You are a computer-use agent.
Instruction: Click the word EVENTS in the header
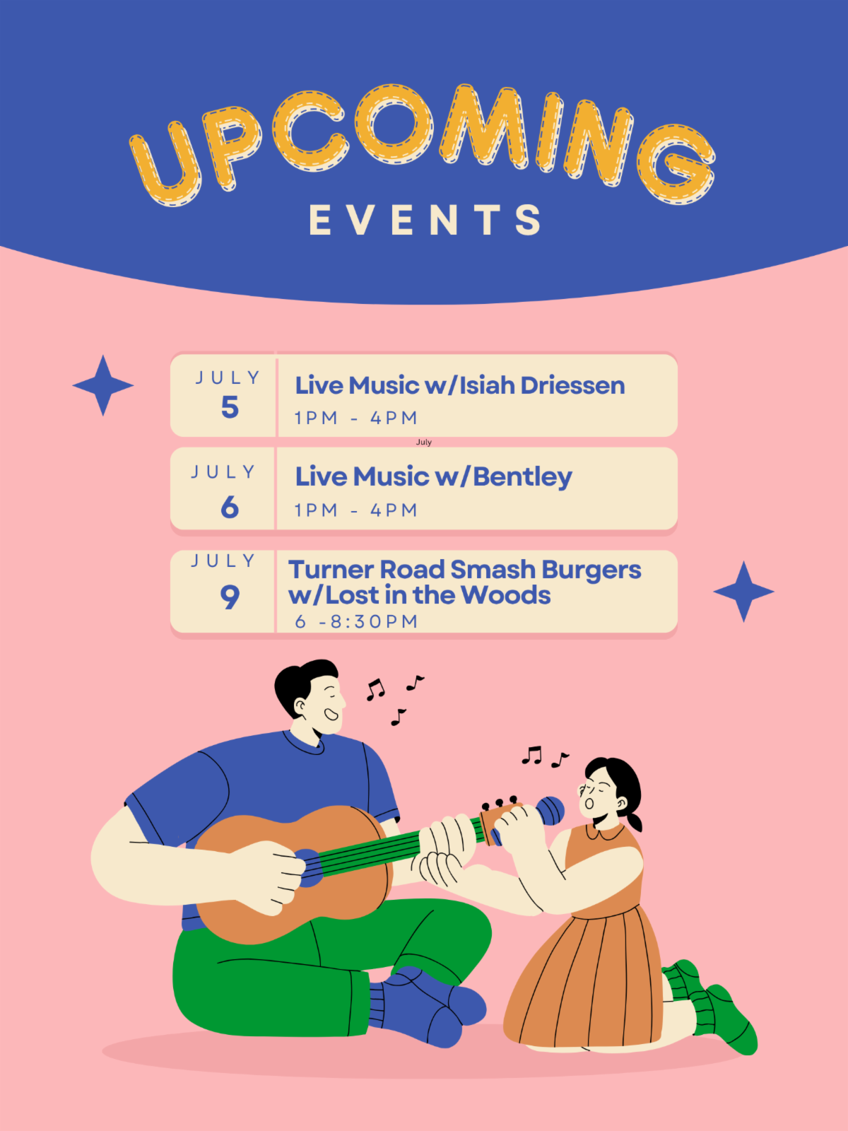coord(425,220)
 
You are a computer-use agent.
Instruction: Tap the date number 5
coord(230,408)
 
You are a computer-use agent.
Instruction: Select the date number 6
coord(230,508)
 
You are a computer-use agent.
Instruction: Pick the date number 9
coord(230,597)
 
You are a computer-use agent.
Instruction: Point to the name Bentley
coord(523,477)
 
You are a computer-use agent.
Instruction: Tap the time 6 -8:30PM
coord(356,621)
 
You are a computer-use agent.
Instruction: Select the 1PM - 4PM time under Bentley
coord(355,510)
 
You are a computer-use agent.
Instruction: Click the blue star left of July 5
coord(103,385)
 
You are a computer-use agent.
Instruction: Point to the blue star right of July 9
coord(743,592)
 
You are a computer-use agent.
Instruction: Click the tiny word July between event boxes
coord(424,442)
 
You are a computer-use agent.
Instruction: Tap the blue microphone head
coord(550,811)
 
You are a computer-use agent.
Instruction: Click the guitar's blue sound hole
coord(309,868)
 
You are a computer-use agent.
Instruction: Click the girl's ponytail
coord(635,820)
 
